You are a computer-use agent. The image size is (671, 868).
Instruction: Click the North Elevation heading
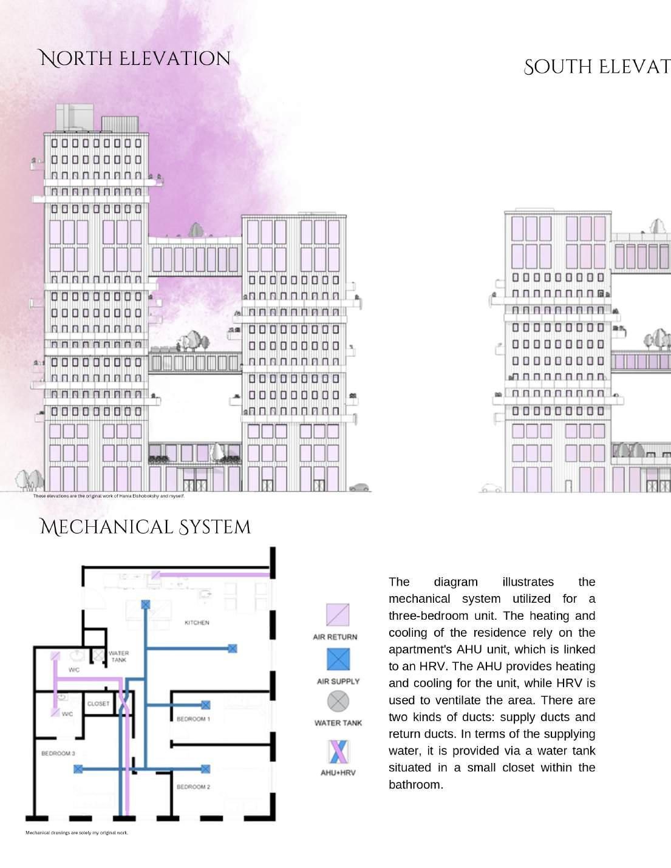coord(134,59)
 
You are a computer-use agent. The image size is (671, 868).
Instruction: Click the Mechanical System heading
coord(145,527)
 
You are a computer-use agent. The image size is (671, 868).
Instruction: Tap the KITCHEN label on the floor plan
coord(197,623)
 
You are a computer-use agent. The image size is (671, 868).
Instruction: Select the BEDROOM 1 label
coord(193,719)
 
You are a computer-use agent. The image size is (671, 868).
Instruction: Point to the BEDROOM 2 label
coord(193,787)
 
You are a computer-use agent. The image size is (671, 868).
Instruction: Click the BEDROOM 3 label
coord(58,753)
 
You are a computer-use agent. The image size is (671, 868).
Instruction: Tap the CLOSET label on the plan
coord(98,704)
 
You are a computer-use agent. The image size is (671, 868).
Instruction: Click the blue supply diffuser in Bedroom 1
coord(206,705)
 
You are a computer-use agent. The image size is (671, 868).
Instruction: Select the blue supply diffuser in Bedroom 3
coord(78,769)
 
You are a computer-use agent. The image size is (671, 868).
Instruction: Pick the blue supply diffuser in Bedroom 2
coord(206,769)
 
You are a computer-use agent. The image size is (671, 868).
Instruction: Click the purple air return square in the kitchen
coord(156,575)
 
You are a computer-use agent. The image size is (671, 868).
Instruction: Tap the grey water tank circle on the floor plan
coord(98,655)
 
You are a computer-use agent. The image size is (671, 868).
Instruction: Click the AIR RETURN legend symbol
coord(338,615)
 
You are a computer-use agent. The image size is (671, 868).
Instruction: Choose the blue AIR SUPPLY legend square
coord(338,659)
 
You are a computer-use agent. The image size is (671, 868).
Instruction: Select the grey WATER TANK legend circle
coord(338,701)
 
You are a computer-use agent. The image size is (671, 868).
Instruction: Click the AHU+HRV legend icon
coord(338,751)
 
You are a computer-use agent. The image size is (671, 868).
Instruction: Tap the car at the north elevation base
coord(359,487)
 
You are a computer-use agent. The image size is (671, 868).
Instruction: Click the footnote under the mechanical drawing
coord(77,833)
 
